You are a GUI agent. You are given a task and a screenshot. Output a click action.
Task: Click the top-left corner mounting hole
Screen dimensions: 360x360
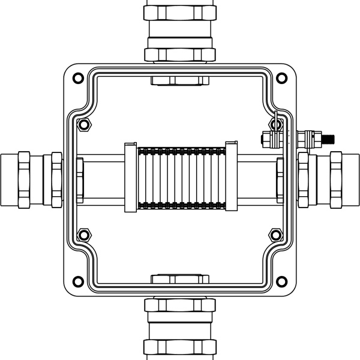77,77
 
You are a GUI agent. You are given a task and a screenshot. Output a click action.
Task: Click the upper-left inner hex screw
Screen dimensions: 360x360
84,124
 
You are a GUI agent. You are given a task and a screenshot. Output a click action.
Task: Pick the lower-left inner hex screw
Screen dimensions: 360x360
84,233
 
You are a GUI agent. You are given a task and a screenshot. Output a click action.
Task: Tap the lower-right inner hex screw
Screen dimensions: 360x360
275,233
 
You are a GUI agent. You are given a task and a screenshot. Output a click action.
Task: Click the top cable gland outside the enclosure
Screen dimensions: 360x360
179,30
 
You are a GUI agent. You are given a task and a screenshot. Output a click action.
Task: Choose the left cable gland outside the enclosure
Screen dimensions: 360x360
30,179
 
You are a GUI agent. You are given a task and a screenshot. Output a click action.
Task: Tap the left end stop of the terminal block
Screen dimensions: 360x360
130,178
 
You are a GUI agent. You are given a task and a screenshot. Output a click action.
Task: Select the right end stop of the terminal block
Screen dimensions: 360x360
230,178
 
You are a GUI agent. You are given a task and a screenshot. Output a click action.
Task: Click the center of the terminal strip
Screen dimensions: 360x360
180,178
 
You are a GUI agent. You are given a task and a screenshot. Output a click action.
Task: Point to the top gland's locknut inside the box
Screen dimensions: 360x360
179,80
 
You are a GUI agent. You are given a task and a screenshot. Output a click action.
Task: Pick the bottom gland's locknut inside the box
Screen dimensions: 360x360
179,279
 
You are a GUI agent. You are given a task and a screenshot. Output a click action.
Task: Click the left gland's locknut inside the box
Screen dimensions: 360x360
80,179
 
